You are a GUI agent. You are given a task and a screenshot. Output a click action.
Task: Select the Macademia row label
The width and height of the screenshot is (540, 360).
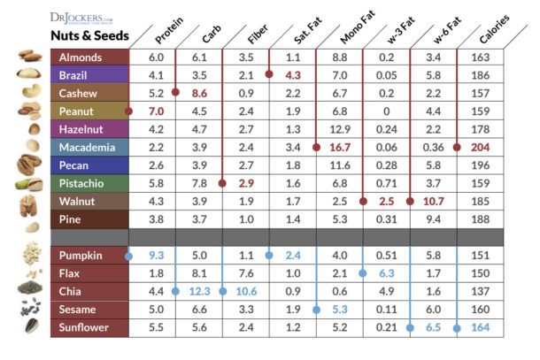click(x=89, y=147)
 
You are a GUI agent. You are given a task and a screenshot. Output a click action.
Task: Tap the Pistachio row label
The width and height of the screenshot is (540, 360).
click(x=84, y=182)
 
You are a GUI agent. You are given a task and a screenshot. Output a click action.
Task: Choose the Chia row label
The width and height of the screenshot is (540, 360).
click(x=73, y=291)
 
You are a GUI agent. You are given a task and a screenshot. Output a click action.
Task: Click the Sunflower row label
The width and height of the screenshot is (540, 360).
click(x=85, y=326)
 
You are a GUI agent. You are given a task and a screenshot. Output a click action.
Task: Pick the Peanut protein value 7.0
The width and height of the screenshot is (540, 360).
click(x=158, y=111)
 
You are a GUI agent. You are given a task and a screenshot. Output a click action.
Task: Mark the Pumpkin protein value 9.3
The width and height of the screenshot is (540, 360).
click(x=158, y=256)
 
